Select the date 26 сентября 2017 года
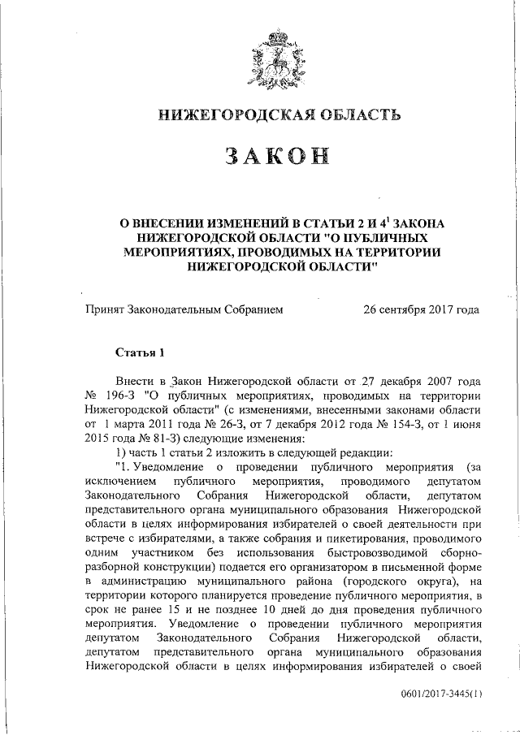[x=421, y=309]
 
